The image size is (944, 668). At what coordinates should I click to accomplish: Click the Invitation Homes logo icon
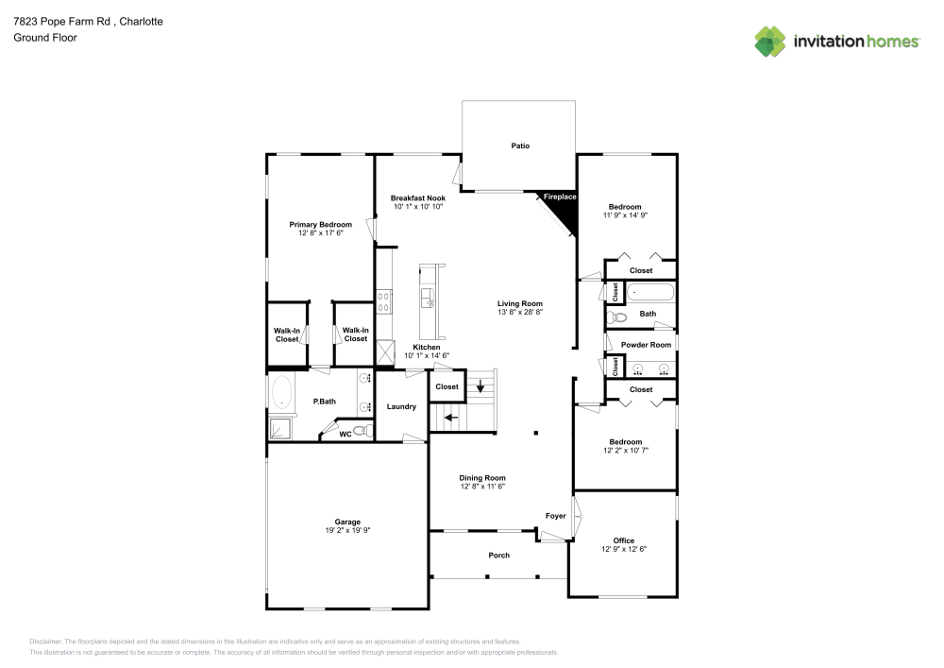pos(770,41)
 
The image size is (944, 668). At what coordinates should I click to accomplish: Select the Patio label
pos(520,146)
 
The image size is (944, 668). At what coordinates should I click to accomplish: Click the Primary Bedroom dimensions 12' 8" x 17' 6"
pos(320,232)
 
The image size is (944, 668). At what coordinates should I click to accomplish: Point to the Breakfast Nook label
pos(417,197)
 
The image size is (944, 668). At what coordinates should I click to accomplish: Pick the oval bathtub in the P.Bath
pos(281,392)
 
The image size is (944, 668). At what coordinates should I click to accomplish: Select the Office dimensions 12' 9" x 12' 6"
pos(624,549)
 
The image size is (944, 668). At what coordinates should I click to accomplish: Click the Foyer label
pos(555,516)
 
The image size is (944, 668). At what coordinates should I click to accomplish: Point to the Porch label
pos(498,556)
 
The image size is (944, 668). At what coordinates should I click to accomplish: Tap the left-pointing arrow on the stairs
pos(451,416)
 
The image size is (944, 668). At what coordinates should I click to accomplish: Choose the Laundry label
pos(401,406)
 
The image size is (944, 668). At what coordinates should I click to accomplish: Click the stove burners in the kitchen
pos(384,301)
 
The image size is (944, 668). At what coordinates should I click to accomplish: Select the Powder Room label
pos(646,345)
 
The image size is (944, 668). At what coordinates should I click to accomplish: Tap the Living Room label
pos(520,303)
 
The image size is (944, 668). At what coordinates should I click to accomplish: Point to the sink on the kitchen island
pos(427,300)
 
